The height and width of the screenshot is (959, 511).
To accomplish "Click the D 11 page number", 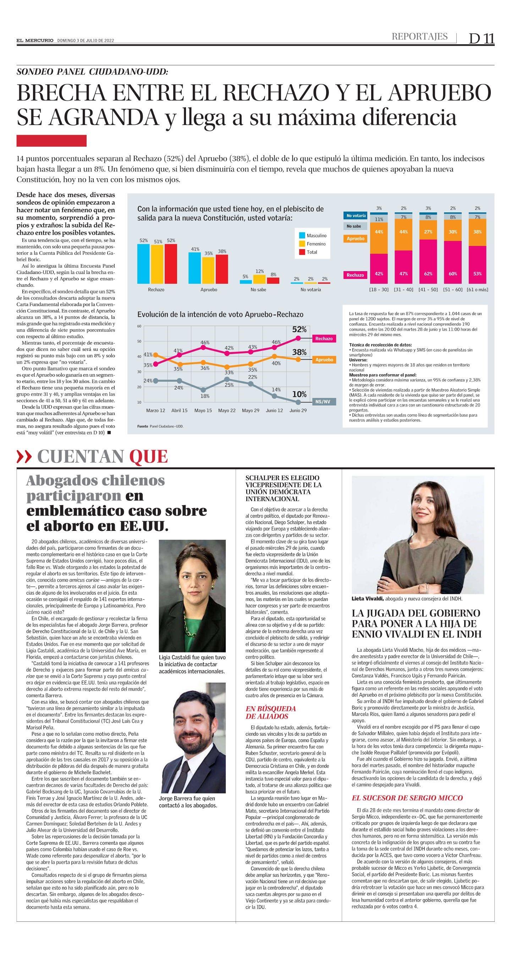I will [x=481, y=39].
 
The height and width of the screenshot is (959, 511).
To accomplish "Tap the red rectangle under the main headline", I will [x=51, y=141].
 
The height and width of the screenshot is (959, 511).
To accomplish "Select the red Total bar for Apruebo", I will [x=222, y=269].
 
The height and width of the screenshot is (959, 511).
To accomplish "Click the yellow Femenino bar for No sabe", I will [x=259, y=279].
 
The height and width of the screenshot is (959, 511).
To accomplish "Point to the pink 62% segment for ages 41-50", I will [x=428, y=264].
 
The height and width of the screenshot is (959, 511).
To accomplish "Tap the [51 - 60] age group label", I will [x=453, y=289].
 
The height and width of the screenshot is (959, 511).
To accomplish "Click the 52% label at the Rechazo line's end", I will [x=299, y=330].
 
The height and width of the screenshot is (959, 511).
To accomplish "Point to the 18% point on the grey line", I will [x=203, y=390].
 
